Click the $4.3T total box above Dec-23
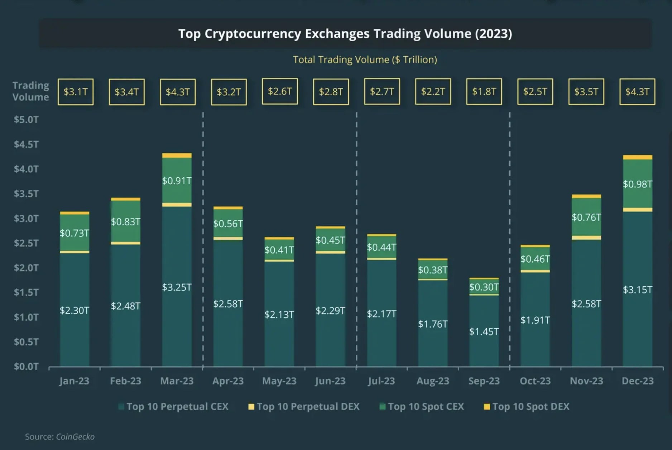pyautogui.click(x=637, y=92)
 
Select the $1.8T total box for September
pyautogui.click(x=484, y=92)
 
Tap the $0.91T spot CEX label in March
pyautogui.click(x=177, y=181)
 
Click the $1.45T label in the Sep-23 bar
pyautogui.click(x=484, y=332)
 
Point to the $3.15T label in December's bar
pyautogui.click(x=637, y=290)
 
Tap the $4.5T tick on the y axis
pyautogui.click(x=26, y=144)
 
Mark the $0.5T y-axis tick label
pyautogui.click(x=26, y=342)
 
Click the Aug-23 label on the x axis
pyautogui.click(x=433, y=381)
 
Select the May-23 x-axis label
pyautogui.click(x=279, y=381)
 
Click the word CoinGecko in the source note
pyautogui.click(x=75, y=437)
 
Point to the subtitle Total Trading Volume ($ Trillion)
pyautogui.click(x=365, y=59)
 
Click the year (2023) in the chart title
pyautogui.click(x=493, y=34)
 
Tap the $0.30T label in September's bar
pyautogui.click(x=484, y=287)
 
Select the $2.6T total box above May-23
pyautogui.click(x=280, y=91)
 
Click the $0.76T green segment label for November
pyautogui.click(x=586, y=217)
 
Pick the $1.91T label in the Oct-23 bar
pyautogui.click(x=535, y=320)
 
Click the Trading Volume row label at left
pyautogui.click(x=30, y=91)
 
